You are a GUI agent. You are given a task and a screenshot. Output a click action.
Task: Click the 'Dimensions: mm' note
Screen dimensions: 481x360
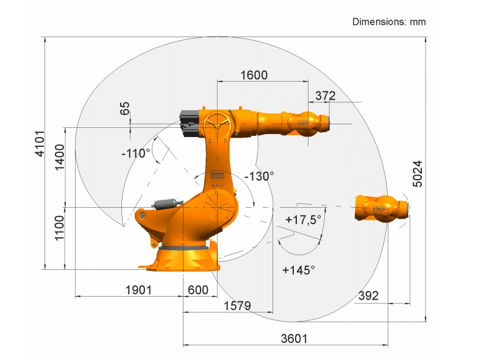(389, 22)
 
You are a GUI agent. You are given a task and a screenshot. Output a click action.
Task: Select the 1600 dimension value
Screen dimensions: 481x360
(254, 75)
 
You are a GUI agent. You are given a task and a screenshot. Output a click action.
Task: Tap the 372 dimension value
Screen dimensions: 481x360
(325, 96)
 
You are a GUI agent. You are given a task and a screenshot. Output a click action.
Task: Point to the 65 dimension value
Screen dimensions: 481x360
(124, 108)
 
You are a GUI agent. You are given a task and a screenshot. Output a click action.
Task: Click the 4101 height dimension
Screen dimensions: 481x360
(40, 143)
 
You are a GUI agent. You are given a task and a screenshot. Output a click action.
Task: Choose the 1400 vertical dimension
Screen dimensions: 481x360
(60, 157)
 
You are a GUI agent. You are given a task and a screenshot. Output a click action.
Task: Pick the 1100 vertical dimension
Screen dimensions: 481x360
(59, 228)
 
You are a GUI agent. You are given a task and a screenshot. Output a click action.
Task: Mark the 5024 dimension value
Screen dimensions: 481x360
(418, 174)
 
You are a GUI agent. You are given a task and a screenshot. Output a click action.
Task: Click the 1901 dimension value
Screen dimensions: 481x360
(138, 290)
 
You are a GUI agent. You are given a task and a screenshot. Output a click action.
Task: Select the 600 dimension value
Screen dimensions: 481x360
(198, 290)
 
